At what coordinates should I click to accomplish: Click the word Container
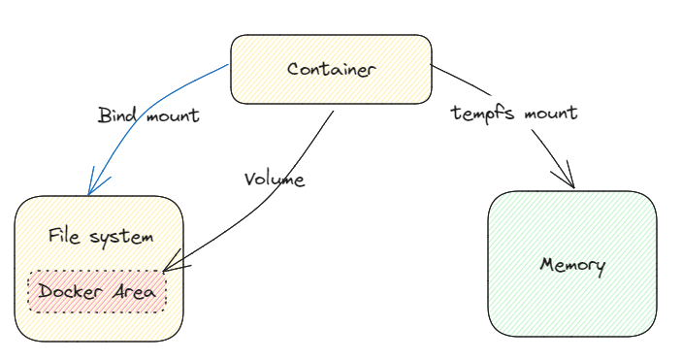coord(331,69)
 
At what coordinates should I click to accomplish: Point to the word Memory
coord(572,265)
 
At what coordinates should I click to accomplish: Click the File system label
coord(101,236)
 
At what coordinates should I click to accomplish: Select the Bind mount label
coord(148,115)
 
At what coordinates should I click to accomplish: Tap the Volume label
coord(275,180)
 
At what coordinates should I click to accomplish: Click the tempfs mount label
coord(514,113)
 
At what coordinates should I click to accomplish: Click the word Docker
coord(71,292)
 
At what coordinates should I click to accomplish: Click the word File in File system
coord(65,236)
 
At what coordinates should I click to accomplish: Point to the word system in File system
coord(120,237)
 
